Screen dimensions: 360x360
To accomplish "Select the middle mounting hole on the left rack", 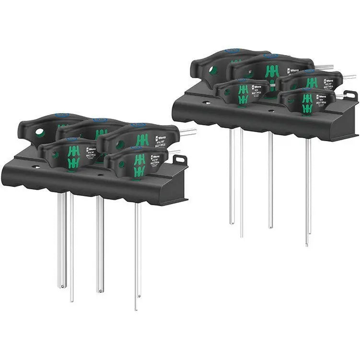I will coord(100,175).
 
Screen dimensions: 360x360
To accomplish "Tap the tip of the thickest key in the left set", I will coord(61,286).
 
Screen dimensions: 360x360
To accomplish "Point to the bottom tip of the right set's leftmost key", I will coord(232,222).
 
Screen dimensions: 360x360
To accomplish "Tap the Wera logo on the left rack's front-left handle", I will coord(90,150).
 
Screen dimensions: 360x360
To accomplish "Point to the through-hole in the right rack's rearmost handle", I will coord(212,70).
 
